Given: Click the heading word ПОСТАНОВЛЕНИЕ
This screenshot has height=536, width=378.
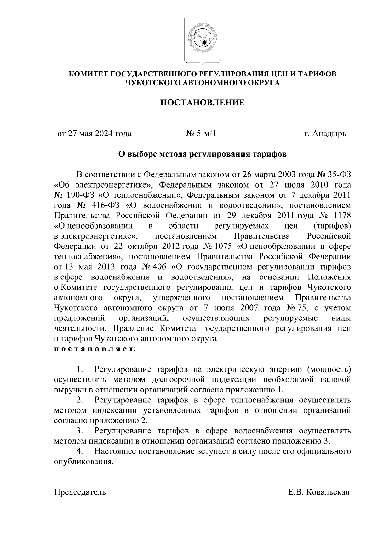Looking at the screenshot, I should pyautogui.click(x=203, y=103).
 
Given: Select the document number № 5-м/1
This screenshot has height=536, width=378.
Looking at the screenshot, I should pyautogui.click(x=201, y=134).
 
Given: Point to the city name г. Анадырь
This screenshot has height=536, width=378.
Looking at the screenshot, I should pyautogui.click(x=325, y=134).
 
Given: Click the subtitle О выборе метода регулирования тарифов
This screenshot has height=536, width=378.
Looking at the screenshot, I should pyautogui.click(x=202, y=154).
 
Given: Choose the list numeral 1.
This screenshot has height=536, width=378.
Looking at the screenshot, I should pyautogui.click(x=80, y=369).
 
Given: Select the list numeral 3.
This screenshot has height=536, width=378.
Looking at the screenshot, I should pyautogui.click(x=80, y=431).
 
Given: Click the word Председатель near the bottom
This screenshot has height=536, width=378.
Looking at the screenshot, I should pyautogui.click(x=80, y=492).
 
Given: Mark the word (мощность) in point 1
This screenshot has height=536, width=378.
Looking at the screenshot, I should pyautogui.click(x=329, y=369).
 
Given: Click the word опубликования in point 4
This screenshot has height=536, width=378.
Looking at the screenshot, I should pyautogui.click(x=83, y=462).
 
